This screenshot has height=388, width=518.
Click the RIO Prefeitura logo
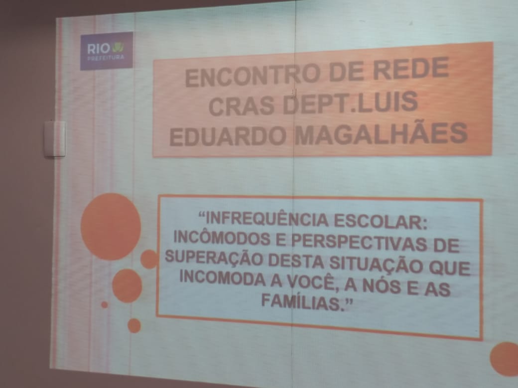(107, 51)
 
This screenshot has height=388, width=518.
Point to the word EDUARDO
(228, 136)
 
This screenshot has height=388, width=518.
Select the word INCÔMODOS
(222, 238)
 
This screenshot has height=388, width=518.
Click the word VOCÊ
(311, 283)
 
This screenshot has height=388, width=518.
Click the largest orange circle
(111, 227)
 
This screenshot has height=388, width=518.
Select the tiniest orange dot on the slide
(105, 304)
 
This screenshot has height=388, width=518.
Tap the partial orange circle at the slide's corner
(505, 359)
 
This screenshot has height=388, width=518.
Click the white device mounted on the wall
(55, 139)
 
